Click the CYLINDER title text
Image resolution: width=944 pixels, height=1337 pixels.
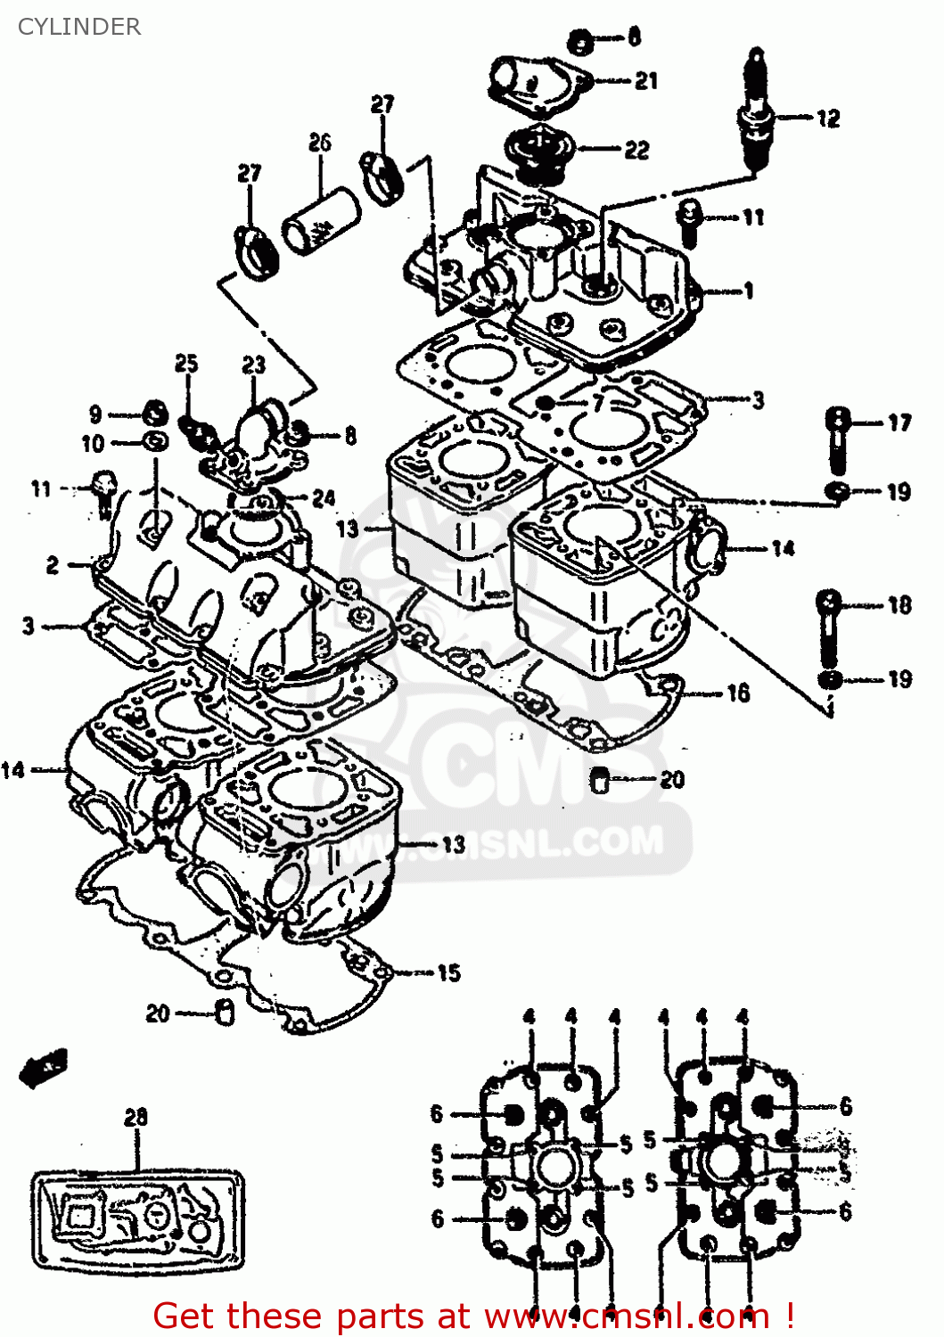coord(79,27)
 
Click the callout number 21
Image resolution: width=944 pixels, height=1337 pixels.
coord(646,81)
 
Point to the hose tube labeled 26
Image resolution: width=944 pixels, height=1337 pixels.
coord(321,219)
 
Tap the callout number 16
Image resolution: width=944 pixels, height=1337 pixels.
coord(738,693)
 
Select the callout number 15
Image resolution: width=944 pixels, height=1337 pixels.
coord(448,972)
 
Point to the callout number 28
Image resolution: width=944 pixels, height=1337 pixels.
coord(135,1117)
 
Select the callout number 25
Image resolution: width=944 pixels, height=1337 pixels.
coord(186,363)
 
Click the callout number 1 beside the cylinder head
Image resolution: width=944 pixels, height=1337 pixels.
coord(749,291)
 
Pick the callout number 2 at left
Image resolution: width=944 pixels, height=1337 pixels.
coord(53,564)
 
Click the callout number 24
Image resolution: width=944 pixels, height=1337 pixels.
coord(324,498)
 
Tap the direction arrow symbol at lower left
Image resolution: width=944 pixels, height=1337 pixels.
coord(43,1066)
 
